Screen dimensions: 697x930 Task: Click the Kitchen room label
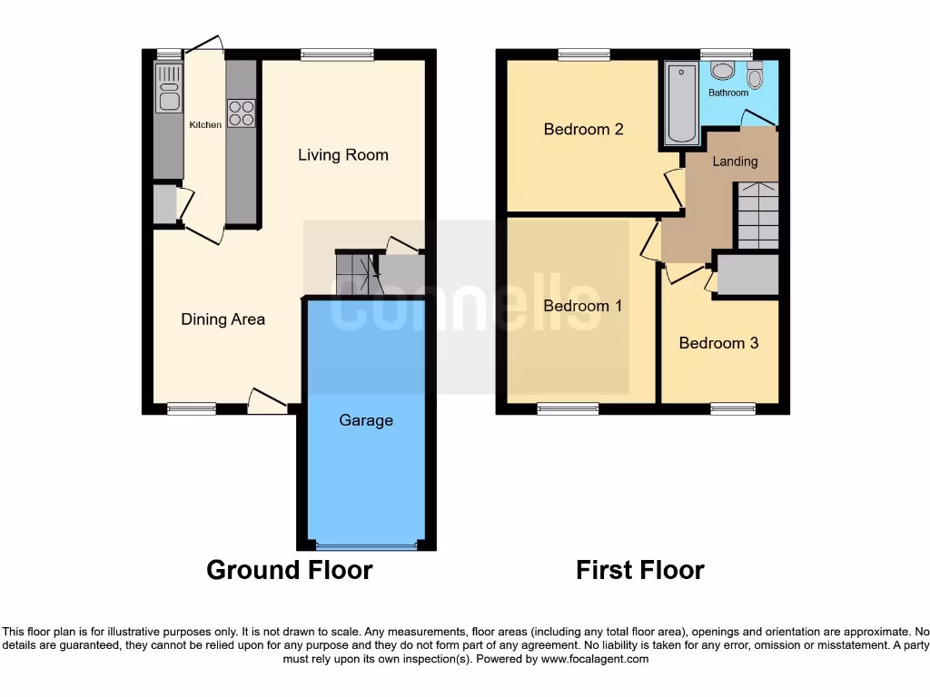204,124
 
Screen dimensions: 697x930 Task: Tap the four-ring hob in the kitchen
241,113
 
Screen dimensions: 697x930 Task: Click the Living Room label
343,155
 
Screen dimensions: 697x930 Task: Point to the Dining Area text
223,319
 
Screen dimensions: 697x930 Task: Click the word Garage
366,420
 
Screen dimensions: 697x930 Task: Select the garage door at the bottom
366,546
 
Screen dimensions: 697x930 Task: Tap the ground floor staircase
355,273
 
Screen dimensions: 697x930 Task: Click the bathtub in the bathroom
680,103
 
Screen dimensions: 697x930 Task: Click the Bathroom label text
728,93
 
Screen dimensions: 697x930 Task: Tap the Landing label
735,162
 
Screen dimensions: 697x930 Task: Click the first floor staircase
757,215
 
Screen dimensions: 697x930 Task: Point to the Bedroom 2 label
583,129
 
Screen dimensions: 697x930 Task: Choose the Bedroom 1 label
582,306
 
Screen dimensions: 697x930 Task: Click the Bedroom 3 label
718,343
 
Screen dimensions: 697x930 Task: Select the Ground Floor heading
289,570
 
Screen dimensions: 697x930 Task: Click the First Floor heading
639,570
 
